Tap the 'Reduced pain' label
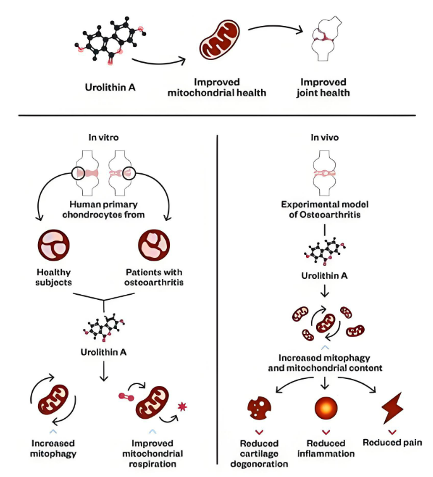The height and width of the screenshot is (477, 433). click(392, 442)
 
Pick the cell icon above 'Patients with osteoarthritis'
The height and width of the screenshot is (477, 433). click(154, 245)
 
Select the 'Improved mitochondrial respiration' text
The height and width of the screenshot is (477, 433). click(157, 453)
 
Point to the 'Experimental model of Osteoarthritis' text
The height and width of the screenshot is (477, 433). click(324, 209)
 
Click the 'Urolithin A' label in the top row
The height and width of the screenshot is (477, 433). click(110, 87)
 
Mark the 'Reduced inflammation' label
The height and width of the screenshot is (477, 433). click(326, 448)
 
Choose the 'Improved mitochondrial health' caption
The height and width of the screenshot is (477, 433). click(217, 87)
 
